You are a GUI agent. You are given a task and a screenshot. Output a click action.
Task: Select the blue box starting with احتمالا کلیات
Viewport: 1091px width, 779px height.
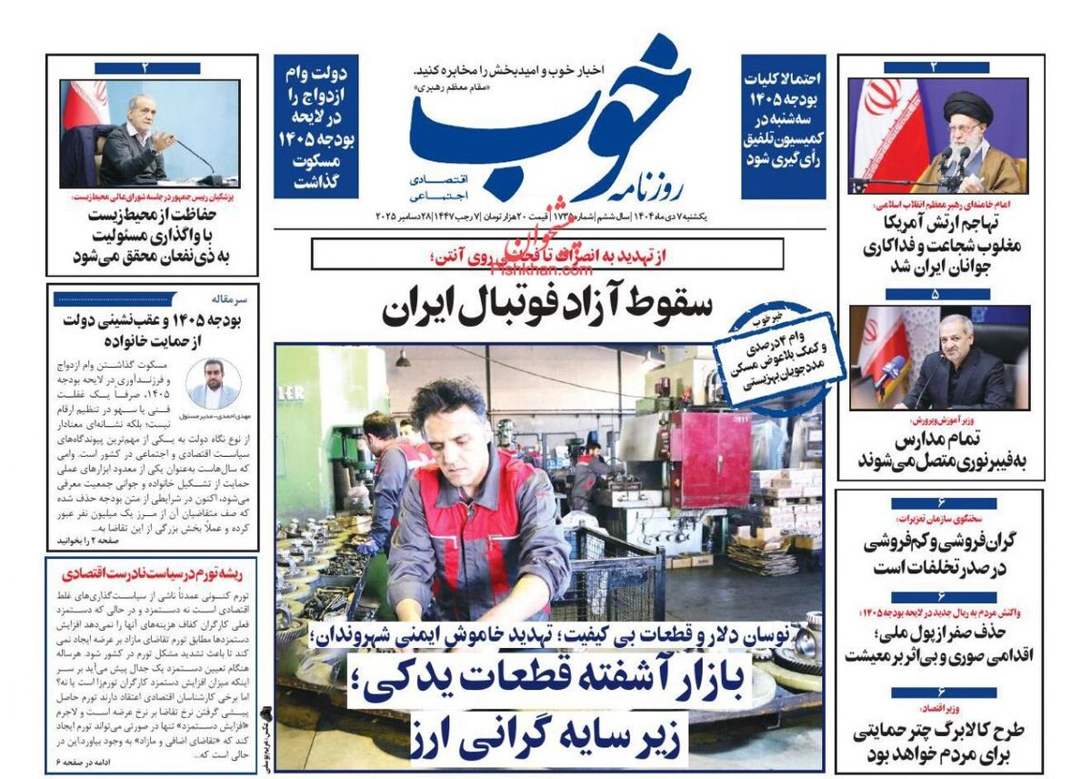783,126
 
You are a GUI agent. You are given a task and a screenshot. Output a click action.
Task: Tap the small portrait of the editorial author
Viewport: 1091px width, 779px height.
215,382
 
